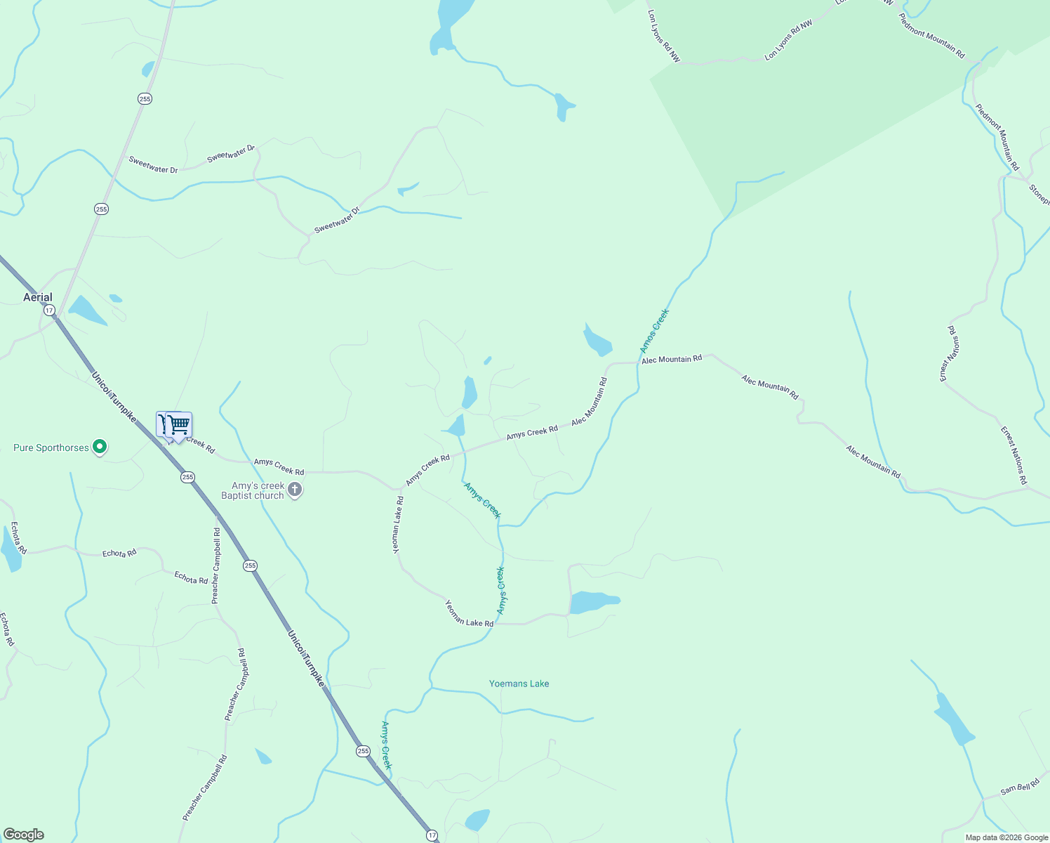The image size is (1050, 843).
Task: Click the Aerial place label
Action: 38,297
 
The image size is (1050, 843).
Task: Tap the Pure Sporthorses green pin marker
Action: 100,447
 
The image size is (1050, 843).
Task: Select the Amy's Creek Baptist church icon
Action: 295,490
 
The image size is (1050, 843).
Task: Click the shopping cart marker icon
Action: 178,425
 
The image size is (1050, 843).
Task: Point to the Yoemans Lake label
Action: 519,684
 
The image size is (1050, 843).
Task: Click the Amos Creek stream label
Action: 654,331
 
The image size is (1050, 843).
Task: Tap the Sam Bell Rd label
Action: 1019,789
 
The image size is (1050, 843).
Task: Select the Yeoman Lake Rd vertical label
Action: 398,525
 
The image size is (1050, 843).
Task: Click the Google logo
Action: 23,835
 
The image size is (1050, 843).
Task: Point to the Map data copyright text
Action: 1006,837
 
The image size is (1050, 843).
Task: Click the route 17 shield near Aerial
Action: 48,310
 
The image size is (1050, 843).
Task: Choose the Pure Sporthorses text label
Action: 51,447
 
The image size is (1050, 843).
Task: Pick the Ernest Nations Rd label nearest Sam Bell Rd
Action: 1014,455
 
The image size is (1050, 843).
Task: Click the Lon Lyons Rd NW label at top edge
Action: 663,36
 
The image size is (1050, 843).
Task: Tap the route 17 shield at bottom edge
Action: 432,835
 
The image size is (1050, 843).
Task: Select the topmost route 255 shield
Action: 145,99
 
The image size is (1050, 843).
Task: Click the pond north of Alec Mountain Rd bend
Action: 597,341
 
